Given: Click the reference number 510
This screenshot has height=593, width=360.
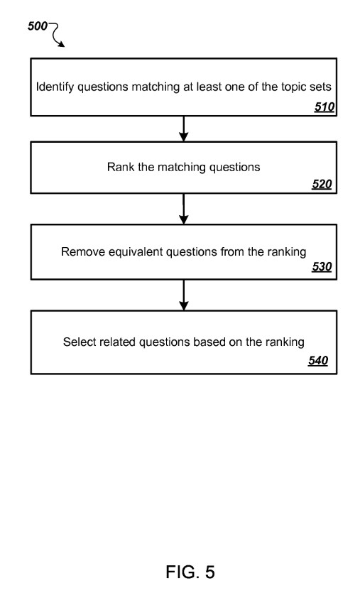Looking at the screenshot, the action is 324,107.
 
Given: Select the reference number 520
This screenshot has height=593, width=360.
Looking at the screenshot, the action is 322,184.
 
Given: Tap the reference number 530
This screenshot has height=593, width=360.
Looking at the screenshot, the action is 322,266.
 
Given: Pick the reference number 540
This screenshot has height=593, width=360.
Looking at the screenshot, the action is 318,360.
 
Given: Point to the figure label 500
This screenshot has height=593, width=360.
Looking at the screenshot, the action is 38,26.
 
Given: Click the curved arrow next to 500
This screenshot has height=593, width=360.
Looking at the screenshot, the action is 57,34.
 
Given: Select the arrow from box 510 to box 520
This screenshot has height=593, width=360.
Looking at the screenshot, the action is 184,129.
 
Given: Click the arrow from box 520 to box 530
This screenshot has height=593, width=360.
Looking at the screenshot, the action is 184,209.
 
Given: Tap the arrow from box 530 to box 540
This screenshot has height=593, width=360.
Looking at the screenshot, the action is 184,295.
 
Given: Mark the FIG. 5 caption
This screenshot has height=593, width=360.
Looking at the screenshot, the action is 190,572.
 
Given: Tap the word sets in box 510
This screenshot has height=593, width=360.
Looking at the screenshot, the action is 320,87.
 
